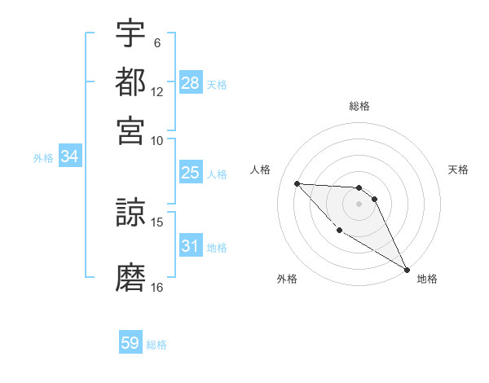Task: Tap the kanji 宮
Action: click(x=130, y=130)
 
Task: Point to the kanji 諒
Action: click(x=130, y=214)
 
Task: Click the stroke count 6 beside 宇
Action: click(x=157, y=42)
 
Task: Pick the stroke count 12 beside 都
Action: click(x=157, y=91)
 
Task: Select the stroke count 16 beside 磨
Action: click(x=157, y=288)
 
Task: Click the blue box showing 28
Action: click(x=191, y=83)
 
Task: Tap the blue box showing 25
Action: click(x=191, y=173)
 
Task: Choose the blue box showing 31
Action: click(x=191, y=246)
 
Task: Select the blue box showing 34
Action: click(x=69, y=157)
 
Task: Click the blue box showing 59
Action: click(x=130, y=343)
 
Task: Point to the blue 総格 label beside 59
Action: click(x=156, y=345)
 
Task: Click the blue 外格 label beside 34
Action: click(x=43, y=158)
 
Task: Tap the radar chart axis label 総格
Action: click(x=359, y=106)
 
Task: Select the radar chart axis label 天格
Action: click(x=458, y=169)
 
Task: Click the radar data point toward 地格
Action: click(x=407, y=270)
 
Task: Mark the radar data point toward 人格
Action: click(x=297, y=183)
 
